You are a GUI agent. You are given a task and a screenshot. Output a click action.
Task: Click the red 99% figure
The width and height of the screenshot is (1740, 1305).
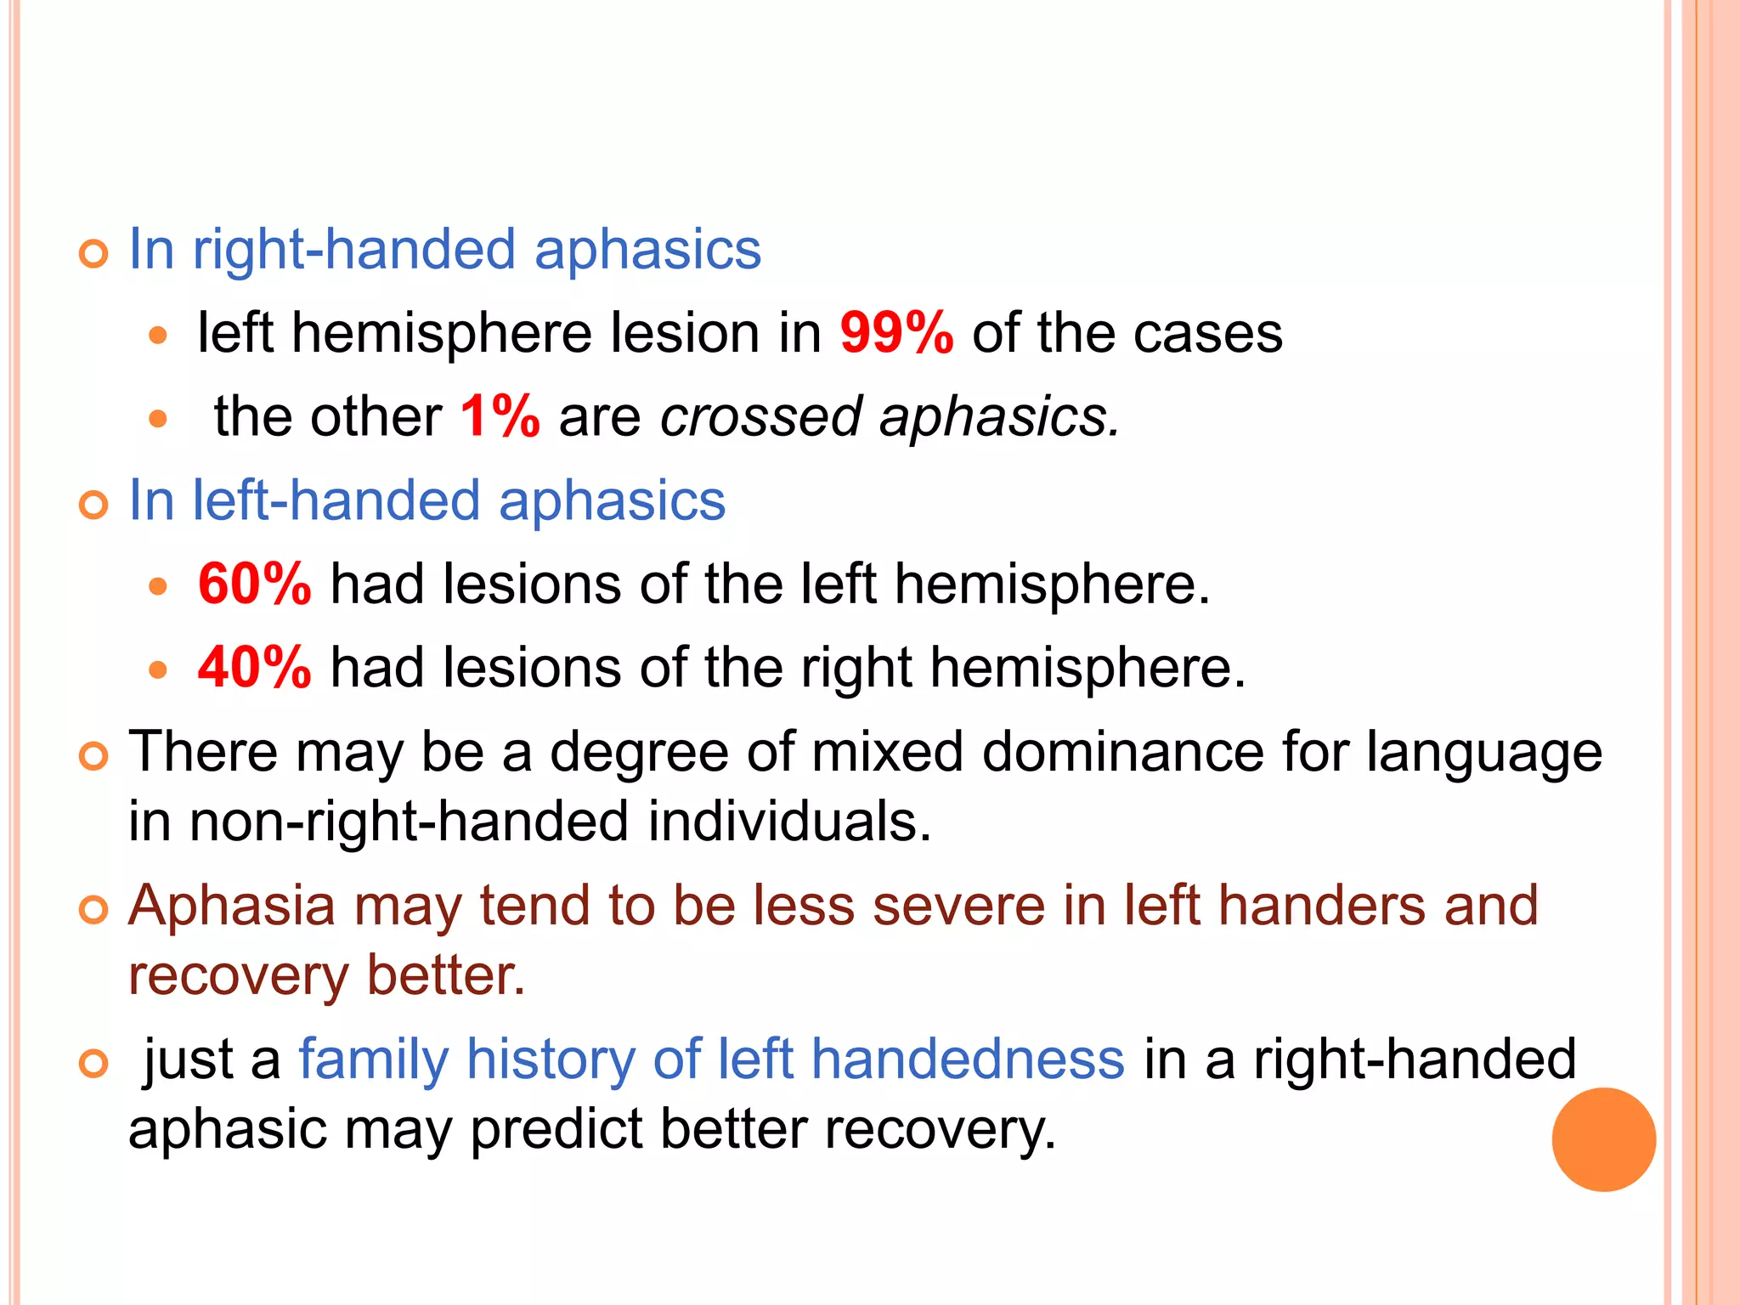click(896, 333)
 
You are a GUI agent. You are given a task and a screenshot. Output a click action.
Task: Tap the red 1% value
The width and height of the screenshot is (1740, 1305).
click(500, 416)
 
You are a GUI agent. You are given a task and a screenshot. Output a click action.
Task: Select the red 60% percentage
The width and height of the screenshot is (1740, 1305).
click(255, 585)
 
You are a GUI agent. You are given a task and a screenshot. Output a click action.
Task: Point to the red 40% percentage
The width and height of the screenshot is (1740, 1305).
click(255, 668)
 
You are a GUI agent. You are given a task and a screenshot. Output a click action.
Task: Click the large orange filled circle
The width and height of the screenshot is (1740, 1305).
click(1603, 1139)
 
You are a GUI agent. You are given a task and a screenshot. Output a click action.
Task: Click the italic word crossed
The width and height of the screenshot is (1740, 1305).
click(761, 416)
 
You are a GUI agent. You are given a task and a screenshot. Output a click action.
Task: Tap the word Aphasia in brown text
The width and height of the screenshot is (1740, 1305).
click(232, 907)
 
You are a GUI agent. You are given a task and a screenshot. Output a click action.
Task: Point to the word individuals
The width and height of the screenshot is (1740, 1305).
click(789, 822)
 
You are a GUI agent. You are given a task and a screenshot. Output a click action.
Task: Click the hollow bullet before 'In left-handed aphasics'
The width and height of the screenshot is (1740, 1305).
click(93, 506)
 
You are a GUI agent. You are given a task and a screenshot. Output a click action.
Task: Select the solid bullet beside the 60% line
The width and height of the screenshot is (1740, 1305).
click(158, 586)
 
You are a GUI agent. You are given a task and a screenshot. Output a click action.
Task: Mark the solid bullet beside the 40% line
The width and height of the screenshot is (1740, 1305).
click(158, 669)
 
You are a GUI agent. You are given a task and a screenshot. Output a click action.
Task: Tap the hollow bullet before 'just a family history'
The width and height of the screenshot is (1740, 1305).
click(93, 1064)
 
